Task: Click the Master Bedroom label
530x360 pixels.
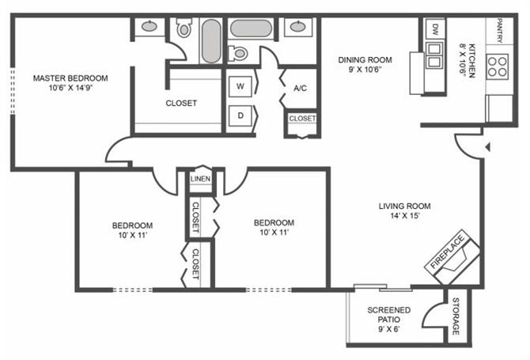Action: [x=70, y=78]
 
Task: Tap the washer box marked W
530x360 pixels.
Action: [x=240, y=86]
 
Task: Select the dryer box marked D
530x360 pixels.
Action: [x=240, y=116]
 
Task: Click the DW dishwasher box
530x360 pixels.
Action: [x=435, y=28]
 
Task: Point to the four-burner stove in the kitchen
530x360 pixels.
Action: [x=498, y=66]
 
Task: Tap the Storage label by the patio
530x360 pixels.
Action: [x=456, y=316]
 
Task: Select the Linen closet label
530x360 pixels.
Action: [x=200, y=179]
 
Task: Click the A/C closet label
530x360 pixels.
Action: [x=300, y=89]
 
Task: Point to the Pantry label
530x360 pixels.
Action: [x=500, y=30]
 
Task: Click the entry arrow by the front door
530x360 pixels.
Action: [x=488, y=147]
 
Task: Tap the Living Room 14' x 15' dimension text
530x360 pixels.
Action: [x=404, y=216]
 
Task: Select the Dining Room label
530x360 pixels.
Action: [x=365, y=60]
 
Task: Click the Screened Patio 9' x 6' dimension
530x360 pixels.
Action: [x=388, y=329]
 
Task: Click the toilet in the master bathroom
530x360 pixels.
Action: [x=184, y=28]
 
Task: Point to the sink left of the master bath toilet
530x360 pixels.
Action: [x=149, y=26]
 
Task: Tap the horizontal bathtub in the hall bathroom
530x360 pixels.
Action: [x=251, y=28]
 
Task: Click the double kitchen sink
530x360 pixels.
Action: [x=434, y=55]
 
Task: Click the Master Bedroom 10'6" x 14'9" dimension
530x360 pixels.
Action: [x=70, y=89]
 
